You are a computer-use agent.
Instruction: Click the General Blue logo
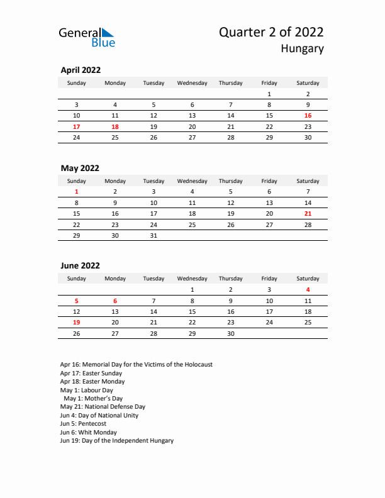[x=87, y=37]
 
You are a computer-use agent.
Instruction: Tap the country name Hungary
[x=302, y=48]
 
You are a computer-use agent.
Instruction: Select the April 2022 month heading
[x=81, y=70]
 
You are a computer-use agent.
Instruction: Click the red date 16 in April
[x=308, y=116]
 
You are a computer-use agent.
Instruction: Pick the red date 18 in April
[x=114, y=126]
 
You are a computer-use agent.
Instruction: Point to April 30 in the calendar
[x=308, y=137]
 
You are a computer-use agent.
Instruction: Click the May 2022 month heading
[x=80, y=168]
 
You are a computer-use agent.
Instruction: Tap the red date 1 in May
[x=77, y=191]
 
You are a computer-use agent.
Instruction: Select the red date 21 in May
[x=308, y=214]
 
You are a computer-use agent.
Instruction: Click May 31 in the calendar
[x=153, y=236]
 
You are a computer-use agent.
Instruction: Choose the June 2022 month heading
[x=80, y=266]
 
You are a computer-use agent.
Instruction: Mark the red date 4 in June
[x=308, y=289]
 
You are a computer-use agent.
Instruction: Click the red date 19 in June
[x=77, y=323]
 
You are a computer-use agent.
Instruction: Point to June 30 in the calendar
[x=230, y=334]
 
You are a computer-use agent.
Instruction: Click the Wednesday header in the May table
[x=192, y=181]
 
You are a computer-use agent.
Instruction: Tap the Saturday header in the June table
[x=308, y=279]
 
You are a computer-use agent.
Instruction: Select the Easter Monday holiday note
[x=92, y=381]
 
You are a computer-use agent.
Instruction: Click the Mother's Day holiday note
[x=93, y=399]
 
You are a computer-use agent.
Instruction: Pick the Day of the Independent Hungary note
[x=117, y=441]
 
